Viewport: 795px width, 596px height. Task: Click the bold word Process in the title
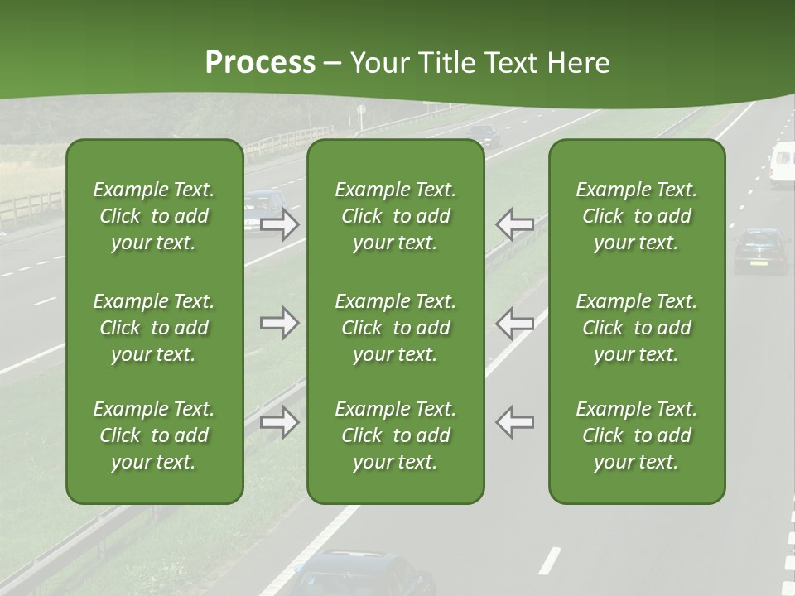(260, 63)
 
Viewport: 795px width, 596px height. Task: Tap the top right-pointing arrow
(280, 223)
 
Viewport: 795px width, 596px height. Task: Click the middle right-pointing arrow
(280, 323)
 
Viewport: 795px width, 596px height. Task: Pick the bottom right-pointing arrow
(280, 422)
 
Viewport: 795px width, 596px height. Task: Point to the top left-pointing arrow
(514, 223)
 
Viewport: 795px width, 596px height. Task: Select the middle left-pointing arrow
(514, 323)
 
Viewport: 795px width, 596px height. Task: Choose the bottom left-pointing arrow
(514, 422)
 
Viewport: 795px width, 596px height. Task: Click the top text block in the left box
(154, 216)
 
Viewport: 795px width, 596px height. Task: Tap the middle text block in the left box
(154, 328)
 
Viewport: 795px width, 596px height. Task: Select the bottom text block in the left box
(154, 435)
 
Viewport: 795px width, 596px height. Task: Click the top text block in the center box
(396, 216)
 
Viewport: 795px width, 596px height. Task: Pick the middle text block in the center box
(396, 328)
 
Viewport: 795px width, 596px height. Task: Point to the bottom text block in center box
(396, 435)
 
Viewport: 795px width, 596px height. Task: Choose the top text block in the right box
(637, 216)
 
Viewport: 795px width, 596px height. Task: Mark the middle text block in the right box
(637, 328)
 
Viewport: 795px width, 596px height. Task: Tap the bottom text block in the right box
(637, 435)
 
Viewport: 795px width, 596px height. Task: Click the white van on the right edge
(782, 163)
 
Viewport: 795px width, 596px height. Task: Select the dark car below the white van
(760, 250)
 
